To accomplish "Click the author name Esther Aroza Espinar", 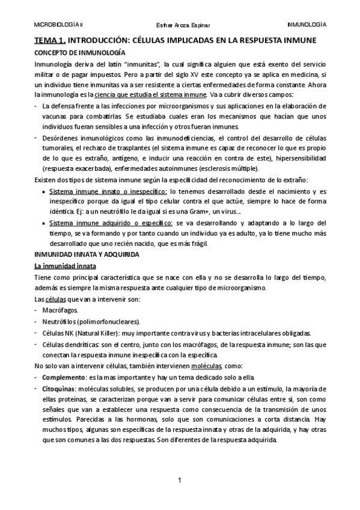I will (x=178, y=25).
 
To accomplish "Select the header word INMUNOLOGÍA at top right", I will (x=307, y=25).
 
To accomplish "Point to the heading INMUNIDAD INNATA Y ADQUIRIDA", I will (x=86, y=254).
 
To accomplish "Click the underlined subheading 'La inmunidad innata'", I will (x=61, y=266).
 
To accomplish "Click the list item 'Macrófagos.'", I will (x=59, y=310).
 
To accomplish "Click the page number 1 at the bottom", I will (x=180, y=481).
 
